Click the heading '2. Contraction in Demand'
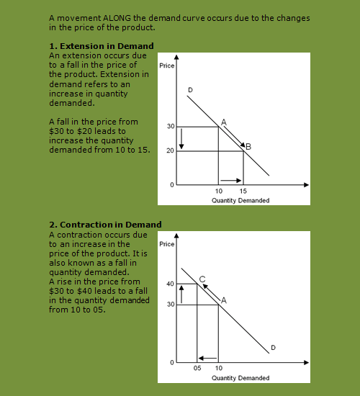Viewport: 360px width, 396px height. tap(105, 225)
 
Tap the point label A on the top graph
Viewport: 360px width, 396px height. tap(224, 122)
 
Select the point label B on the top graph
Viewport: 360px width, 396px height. tap(248, 147)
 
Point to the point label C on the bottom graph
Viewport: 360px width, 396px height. tap(202, 278)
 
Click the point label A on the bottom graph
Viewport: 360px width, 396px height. tap(224, 300)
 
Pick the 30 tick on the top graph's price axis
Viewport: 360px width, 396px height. tap(171, 127)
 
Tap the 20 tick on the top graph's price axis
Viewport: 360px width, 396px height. tap(171, 151)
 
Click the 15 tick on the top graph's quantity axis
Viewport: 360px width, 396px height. tap(243, 192)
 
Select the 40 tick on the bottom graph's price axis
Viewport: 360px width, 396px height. tap(170, 284)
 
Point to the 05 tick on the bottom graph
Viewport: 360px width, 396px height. tap(198, 368)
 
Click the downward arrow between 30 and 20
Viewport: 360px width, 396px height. tap(182, 139)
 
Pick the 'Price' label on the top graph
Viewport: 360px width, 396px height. tap(167, 66)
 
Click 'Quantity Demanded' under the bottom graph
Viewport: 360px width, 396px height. tap(240, 378)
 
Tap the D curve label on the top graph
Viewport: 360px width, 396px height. tap(190, 89)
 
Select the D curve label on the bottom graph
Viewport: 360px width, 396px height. tap(274, 348)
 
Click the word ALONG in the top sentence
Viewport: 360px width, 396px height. tap(112, 17)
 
